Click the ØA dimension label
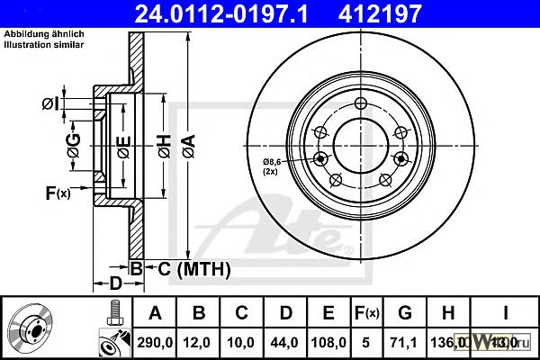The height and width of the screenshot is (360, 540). click(187, 141)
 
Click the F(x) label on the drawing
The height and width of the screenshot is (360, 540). click(58, 193)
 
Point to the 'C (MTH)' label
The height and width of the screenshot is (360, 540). click(190, 268)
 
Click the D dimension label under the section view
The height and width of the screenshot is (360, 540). click(114, 283)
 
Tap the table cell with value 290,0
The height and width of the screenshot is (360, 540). click(155, 342)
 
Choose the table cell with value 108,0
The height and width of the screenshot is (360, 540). click(328, 342)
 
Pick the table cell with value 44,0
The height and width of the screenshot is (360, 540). click(285, 342)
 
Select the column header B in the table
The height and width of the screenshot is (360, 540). click(199, 313)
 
